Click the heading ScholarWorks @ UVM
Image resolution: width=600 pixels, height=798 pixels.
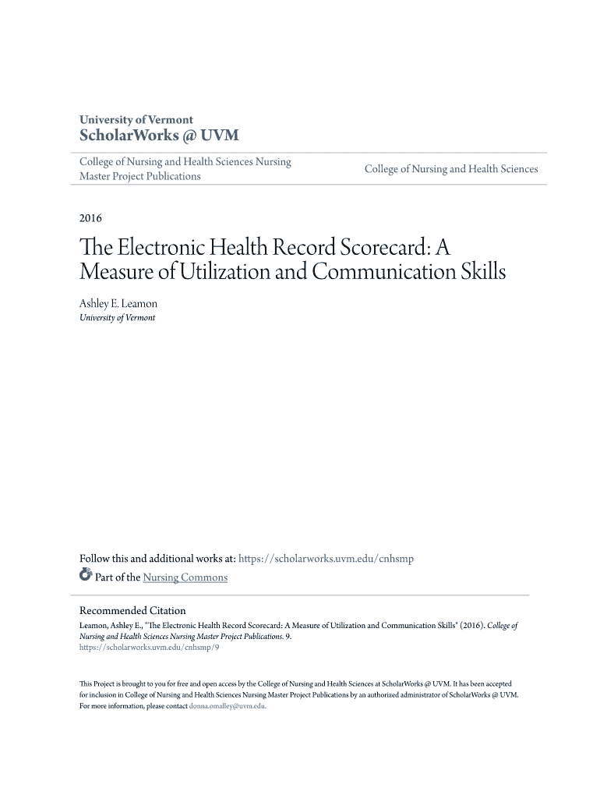(x=159, y=136)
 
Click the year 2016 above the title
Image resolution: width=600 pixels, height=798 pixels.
(x=91, y=217)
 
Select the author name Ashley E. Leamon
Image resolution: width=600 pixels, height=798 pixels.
(x=118, y=303)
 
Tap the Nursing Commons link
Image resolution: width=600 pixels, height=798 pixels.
(x=185, y=577)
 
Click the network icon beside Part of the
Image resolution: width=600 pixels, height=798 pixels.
(x=86, y=577)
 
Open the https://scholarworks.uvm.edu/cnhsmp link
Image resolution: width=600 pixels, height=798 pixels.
(x=326, y=558)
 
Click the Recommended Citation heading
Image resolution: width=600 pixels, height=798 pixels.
(x=132, y=610)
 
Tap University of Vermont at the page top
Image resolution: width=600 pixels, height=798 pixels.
(x=136, y=120)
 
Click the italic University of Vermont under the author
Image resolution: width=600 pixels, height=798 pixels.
(x=117, y=318)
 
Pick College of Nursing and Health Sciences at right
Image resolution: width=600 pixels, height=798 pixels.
(x=451, y=169)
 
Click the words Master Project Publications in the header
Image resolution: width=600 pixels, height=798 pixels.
(x=140, y=176)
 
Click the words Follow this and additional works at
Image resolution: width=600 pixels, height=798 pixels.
(x=157, y=558)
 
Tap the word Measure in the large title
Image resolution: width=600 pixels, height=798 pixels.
(x=115, y=273)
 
